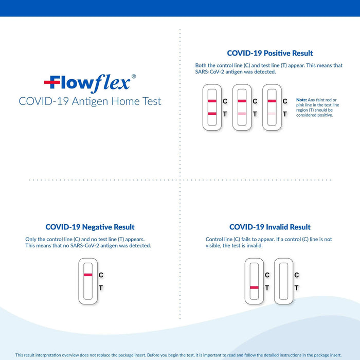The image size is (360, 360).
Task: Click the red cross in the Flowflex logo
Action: (x=51, y=82)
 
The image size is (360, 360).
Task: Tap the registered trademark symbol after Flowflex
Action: (x=134, y=76)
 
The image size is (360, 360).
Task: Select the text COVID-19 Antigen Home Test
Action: (x=90, y=101)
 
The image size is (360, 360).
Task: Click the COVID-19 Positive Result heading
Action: (x=269, y=53)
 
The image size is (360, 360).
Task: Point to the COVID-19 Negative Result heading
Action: (x=90, y=227)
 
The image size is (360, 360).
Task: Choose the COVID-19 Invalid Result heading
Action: (x=269, y=227)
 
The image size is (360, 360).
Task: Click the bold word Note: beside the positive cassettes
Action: (x=301, y=99)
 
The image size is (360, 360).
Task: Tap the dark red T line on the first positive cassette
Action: (x=211, y=113)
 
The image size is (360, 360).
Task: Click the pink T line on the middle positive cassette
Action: (x=242, y=113)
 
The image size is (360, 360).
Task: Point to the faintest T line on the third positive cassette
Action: (x=272, y=113)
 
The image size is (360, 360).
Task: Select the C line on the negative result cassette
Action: (x=87, y=275)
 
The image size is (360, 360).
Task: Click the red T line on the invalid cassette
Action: (x=254, y=287)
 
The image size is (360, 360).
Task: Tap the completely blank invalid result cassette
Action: (x=283, y=281)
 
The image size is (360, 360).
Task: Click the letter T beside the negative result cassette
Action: (x=100, y=288)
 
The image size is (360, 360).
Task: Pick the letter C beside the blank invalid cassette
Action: (x=296, y=275)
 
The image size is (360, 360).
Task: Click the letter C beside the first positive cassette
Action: (x=225, y=101)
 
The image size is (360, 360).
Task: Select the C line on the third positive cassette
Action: (x=272, y=101)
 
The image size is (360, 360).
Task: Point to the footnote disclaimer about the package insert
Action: (x=180, y=355)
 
